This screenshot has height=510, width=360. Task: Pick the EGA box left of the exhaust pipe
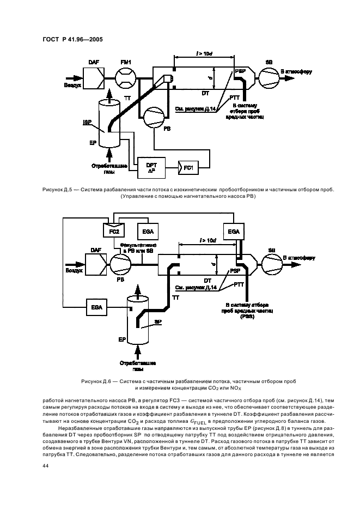point(97,308)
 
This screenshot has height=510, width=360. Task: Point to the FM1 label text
point(126,63)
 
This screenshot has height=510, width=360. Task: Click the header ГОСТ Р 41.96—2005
point(72,39)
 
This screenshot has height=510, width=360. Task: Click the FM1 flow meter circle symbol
point(126,80)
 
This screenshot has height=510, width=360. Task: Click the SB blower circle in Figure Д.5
point(268,79)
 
